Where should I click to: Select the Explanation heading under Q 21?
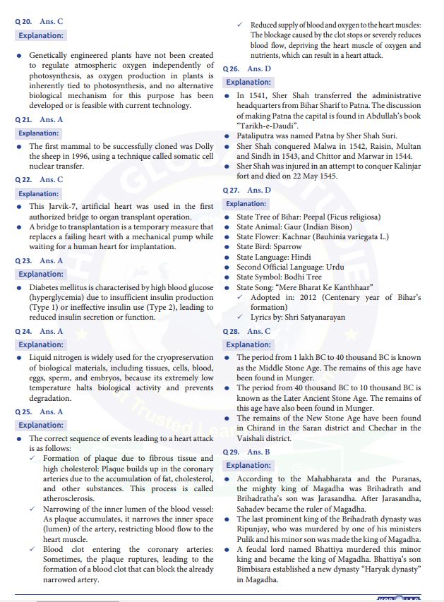(39, 133)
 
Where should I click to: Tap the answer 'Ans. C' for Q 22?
(52, 180)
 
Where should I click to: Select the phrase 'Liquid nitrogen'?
(58, 358)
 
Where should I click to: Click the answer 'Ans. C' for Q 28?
(259, 331)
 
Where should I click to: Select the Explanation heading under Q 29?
(248, 465)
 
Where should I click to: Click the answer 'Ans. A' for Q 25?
(52, 411)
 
